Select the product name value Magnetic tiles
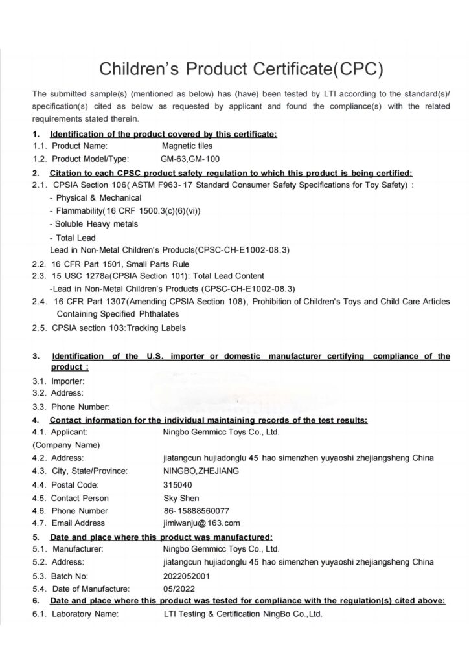coord(187,146)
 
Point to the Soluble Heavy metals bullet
coord(97,224)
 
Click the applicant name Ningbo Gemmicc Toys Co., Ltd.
coord(222,432)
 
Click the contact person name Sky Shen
coord(182,498)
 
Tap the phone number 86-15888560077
coord(196,510)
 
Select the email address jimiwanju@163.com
coord(202,523)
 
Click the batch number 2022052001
coord(187,575)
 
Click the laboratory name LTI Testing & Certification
coord(243,614)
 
